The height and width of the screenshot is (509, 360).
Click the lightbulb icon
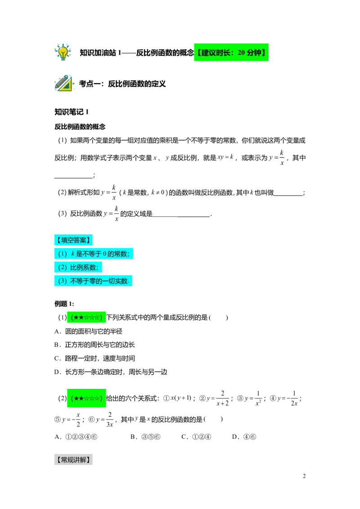[63, 52]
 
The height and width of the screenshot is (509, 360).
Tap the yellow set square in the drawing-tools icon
[66, 86]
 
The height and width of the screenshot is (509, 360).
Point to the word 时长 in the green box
[225, 53]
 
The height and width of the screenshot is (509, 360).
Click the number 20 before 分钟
[241, 53]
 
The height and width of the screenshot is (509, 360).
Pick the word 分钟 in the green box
[255, 53]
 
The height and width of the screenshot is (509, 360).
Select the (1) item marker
[63, 254]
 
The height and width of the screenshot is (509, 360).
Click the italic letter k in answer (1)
[73, 254]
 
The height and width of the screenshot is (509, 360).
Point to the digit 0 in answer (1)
[104, 254]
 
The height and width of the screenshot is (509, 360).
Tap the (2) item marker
[63, 268]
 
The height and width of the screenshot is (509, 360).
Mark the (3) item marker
[63, 281]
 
